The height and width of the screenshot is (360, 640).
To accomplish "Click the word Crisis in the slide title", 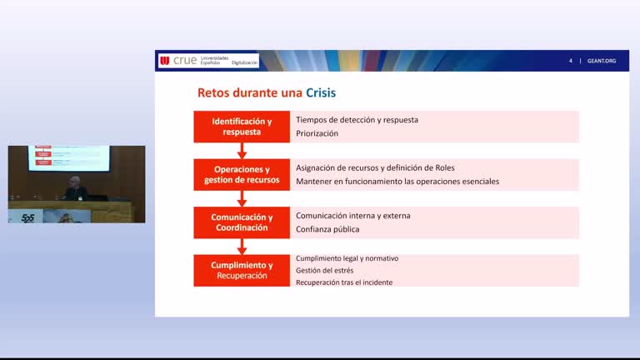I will [321, 92].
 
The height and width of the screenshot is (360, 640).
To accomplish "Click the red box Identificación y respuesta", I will [242, 127].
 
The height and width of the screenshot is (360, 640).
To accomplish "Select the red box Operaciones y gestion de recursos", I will [242, 175].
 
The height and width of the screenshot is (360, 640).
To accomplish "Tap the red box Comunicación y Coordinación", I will [242, 222].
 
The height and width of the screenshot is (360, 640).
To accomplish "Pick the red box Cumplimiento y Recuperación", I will [242, 270].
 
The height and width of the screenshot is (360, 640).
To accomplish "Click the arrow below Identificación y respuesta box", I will [242, 151].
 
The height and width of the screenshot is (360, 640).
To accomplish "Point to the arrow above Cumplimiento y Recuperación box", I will [242, 246].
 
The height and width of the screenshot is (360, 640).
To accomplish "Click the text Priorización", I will [317, 133].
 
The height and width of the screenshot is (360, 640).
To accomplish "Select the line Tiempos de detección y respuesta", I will [357, 120].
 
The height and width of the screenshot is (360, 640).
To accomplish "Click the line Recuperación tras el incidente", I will [344, 282].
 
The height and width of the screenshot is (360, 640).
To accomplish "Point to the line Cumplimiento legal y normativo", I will [347, 258].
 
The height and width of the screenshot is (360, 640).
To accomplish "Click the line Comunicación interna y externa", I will [353, 216].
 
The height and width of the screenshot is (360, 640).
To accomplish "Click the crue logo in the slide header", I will [185, 61].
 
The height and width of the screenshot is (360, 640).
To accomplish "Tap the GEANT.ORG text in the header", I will [601, 61].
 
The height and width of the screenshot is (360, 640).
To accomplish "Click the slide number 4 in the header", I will [571, 61].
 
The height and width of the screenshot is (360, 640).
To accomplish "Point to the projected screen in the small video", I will [68, 157].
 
